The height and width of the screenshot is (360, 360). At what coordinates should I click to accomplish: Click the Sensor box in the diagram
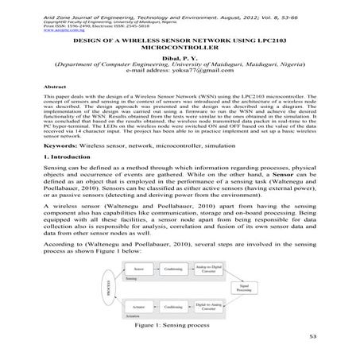tap(138, 269)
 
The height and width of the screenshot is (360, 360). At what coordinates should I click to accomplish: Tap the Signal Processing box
tap(244, 287)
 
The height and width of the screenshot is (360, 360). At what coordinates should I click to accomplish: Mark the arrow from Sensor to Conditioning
tap(157, 269)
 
